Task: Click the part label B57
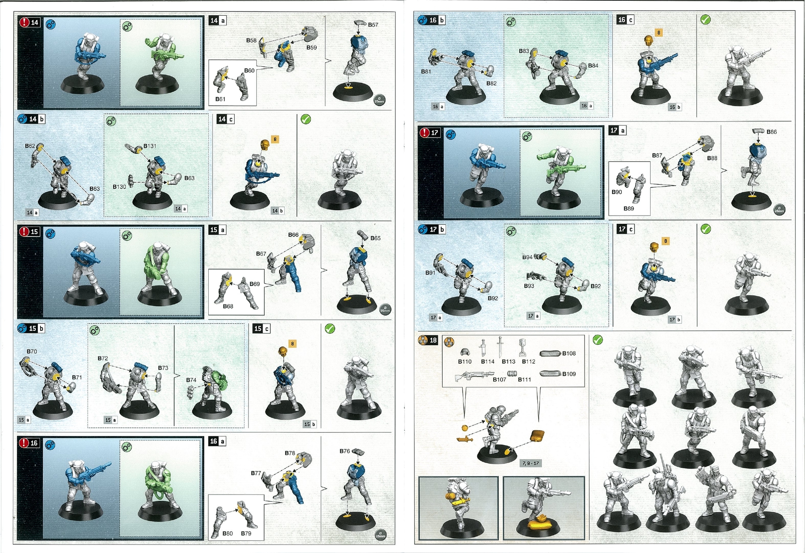point(373,25)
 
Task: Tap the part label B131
point(150,146)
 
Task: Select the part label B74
point(191,380)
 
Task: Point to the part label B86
point(772,132)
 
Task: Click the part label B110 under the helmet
point(465,361)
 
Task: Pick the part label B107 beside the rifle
point(500,379)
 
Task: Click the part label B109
point(569,374)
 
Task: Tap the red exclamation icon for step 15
point(24,231)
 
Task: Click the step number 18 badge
point(433,340)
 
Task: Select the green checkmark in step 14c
point(306,119)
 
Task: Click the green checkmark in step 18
point(597,340)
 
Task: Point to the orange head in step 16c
point(648,40)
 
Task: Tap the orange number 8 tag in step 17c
point(665,241)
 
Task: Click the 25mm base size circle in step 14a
point(379,100)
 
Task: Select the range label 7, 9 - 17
point(531,463)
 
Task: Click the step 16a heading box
point(217,441)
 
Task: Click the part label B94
point(527,257)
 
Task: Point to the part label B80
point(228,533)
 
